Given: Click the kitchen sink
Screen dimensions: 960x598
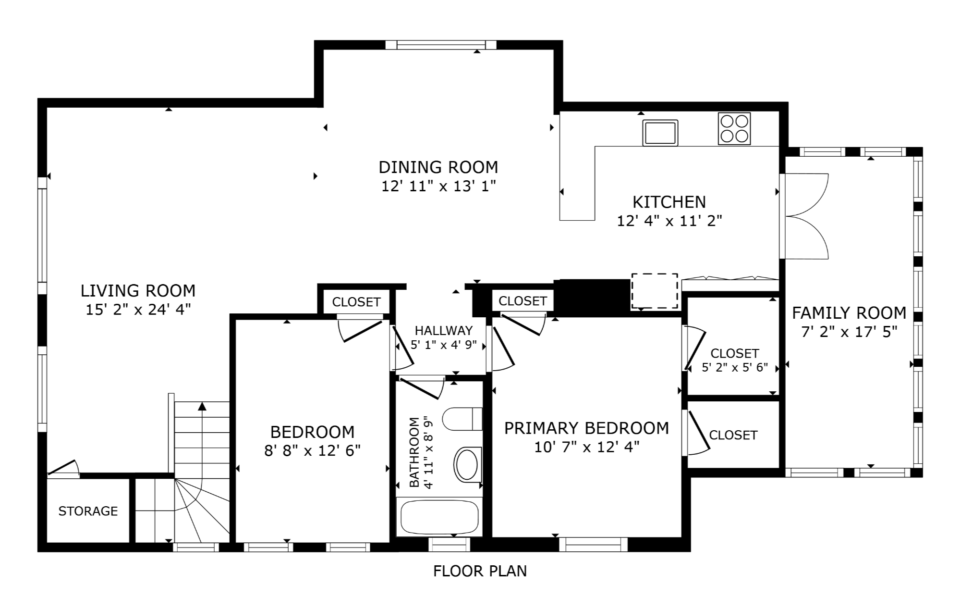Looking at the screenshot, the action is pos(660,132).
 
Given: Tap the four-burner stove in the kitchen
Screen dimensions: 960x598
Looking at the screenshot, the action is pos(734,129).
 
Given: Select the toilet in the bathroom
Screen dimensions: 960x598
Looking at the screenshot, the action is pos(462,419).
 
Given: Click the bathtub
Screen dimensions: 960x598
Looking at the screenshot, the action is pos(439,517).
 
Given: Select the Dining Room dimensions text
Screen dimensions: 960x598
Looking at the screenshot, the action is pos(438,186).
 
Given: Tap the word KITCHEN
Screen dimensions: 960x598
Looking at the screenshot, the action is pos(669,202).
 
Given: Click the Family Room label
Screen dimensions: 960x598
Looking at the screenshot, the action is pos(849,313).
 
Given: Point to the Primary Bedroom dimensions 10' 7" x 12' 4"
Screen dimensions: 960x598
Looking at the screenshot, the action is pos(587,447).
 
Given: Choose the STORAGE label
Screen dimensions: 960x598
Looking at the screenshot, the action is pos(88,511).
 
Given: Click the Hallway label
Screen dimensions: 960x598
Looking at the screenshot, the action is pos(444,331).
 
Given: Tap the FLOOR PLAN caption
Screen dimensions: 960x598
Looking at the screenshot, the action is pos(480,571).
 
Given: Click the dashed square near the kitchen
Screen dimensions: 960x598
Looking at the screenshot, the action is pos(655,291).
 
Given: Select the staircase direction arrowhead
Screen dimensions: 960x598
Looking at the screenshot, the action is pos(202,407).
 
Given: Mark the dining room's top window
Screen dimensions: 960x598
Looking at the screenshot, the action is pos(440,45).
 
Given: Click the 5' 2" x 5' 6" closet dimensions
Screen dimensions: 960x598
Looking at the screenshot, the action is pos(735,368).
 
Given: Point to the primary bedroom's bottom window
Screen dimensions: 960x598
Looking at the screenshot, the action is pos(593,544).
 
